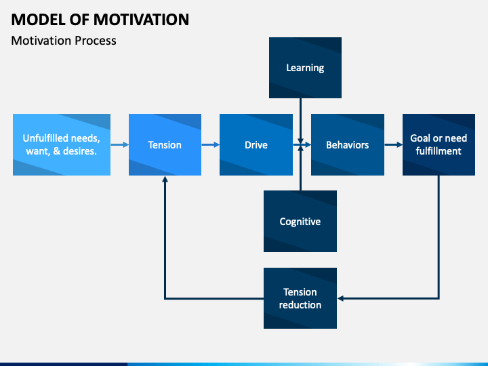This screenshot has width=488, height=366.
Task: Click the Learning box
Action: click(x=305, y=68)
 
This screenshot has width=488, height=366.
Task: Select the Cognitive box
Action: click(x=300, y=221)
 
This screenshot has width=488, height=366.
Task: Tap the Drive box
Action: click(x=256, y=145)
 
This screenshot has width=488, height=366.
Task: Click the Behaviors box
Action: click(x=348, y=145)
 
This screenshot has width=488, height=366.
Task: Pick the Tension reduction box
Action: click(x=300, y=298)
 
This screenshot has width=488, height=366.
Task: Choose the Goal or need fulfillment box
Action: click(x=439, y=145)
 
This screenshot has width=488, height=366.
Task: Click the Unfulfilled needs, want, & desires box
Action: click(x=62, y=145)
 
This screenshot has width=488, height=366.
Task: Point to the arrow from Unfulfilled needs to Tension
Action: click(x=120, y=145)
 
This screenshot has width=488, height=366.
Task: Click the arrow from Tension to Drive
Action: click(x=210, y=145)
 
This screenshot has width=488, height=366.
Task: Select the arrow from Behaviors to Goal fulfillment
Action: click(x=394, y=145)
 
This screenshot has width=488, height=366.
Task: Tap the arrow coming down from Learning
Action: click(x=301, y=121)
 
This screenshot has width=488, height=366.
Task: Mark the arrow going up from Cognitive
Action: click(x=301, y=168)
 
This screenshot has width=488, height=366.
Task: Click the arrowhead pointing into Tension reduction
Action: click(x=340, y=298)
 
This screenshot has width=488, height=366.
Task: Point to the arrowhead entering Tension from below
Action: click(x=165, y=179)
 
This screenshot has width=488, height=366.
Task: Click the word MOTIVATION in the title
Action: click(x=141, y=20)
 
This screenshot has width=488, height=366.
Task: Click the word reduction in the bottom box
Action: click(x=300, y=305)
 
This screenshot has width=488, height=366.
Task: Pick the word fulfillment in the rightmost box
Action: click(x=439, y=151)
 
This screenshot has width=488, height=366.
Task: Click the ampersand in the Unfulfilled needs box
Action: click(x=57, y=151)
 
